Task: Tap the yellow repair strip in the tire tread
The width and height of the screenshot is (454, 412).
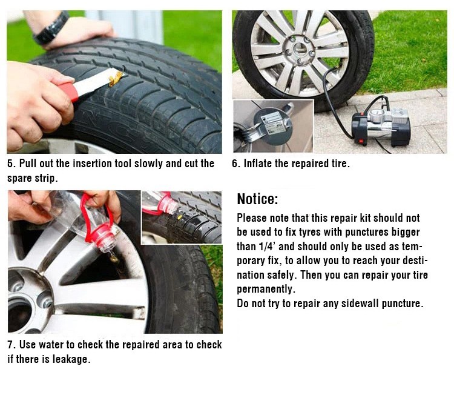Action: [x=116, y=78]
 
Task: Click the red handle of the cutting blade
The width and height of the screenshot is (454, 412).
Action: [x=70, y=91]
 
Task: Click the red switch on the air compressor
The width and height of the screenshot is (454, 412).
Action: [x=361, y=141]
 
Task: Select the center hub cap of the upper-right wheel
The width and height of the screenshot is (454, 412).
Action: [x=300, y=50]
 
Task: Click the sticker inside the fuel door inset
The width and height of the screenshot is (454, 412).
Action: [x=271, y=121]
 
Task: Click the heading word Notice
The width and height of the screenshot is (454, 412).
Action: [x=257, y=199]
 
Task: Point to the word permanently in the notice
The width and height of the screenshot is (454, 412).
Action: [x=266, y=289]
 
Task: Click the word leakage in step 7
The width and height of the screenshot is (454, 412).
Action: [x=71, y=359]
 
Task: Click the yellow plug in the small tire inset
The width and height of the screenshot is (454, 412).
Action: [x=180, y=216]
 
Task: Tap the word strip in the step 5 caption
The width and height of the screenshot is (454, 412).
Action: [x=47, y=178]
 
